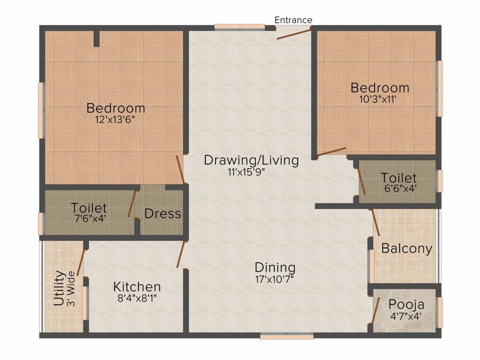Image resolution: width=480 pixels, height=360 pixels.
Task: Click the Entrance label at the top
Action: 293,20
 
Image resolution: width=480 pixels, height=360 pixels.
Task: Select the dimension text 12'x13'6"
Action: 115,120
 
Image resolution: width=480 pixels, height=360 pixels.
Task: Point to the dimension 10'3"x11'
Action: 378,99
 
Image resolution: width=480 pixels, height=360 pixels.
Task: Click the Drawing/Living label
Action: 251,161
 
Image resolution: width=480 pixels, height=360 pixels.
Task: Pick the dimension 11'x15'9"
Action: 246,172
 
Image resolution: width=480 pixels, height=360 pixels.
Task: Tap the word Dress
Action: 163,214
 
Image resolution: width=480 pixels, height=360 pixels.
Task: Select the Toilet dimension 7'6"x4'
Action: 90,218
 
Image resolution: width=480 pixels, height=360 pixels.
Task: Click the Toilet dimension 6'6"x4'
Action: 400,188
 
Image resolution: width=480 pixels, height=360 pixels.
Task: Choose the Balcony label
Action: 407,248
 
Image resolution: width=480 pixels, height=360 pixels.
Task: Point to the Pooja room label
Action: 406,305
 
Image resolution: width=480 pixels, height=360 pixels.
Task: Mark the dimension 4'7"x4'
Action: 406,316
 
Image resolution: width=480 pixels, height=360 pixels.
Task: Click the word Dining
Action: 275,268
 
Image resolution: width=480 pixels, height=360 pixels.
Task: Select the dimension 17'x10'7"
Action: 275,279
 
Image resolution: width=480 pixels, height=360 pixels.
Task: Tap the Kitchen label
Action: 137,287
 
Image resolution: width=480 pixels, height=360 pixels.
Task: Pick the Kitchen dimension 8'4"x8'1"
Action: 137,298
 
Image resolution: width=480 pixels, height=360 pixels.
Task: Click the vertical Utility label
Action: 60,288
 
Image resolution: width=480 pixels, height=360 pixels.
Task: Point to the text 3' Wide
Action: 71,289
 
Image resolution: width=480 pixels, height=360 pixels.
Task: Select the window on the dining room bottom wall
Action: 287,337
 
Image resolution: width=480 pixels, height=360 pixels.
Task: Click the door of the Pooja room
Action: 376,310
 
